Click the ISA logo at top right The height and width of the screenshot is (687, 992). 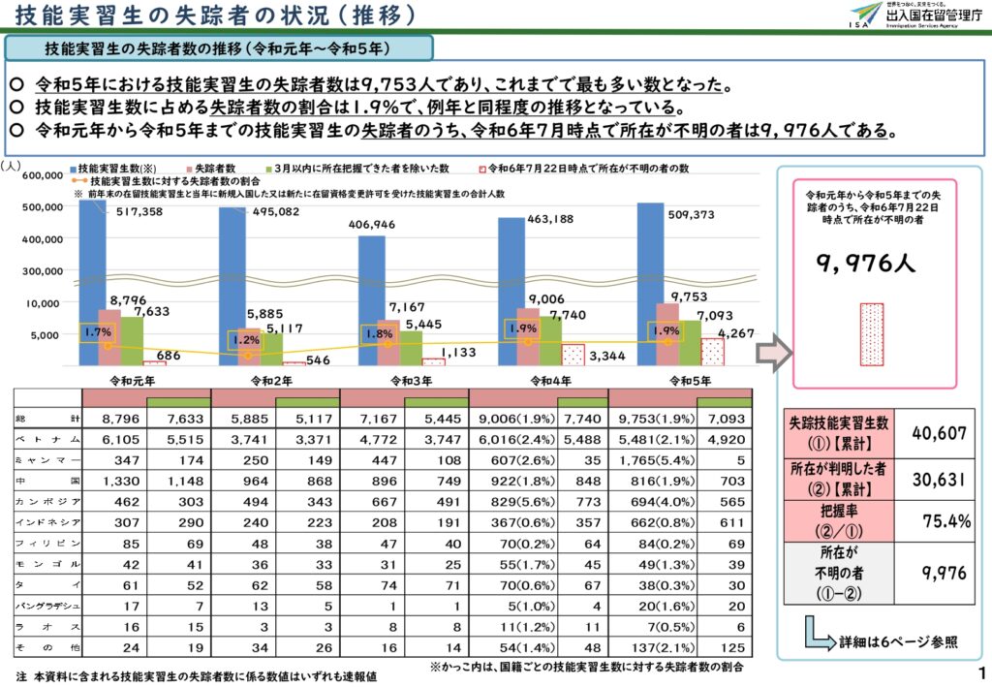pyautogui.click(x=865, y=16)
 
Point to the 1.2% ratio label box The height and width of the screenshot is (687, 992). pyautogui.click(x=246, y=340)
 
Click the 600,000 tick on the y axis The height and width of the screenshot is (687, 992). pyautogui.click(x=35, y=175)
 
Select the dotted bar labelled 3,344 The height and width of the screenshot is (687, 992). pyautogui.click(x=573, y=354)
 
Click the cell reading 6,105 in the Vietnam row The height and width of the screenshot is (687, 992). pyautogui.click(x=114, y=439)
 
